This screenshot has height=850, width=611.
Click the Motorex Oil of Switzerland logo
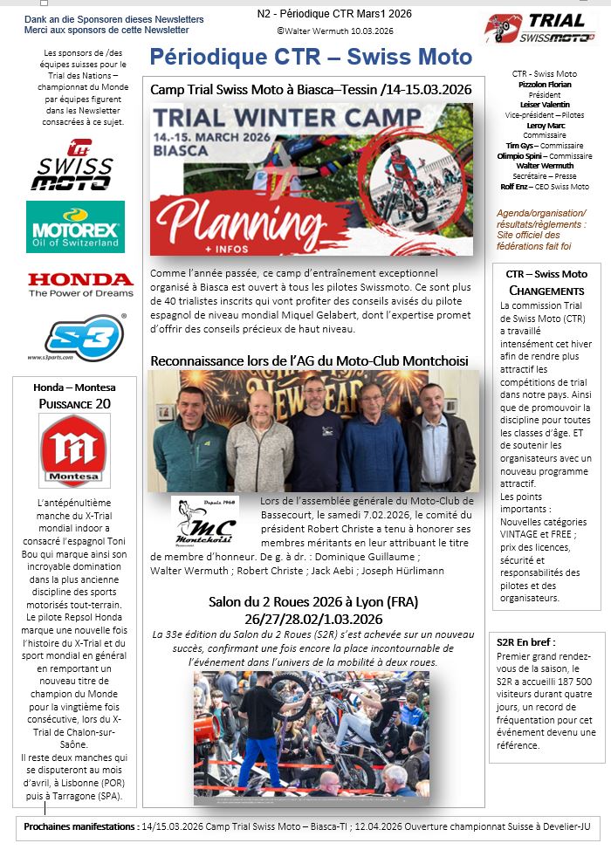(x=75, y=226)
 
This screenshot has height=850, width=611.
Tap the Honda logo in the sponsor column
(x=79, y=284)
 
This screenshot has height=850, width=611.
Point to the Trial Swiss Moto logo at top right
(x=539, y=28)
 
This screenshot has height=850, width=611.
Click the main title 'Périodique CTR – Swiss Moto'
(x=311, y=58)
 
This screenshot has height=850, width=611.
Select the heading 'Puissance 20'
(x=74, y=403)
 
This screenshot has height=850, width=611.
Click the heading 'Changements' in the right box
(x=546, y=290)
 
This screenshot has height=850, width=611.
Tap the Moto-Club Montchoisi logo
(x=205, y=522)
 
